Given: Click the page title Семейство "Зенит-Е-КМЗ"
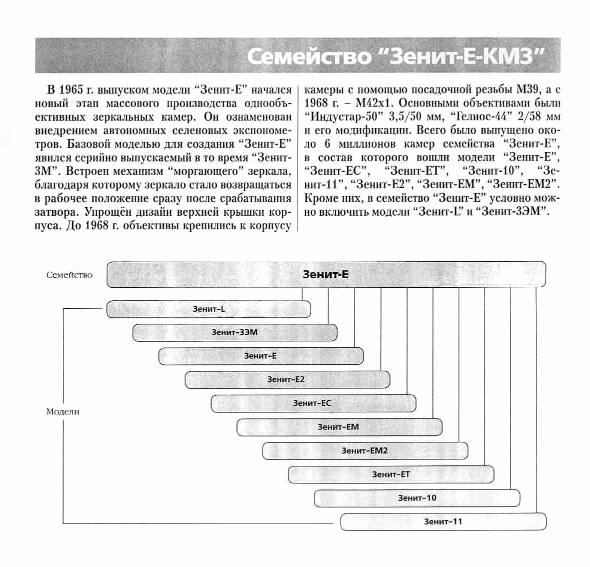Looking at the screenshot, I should tap(395, 57).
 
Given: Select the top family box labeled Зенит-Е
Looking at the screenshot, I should tap(326, 274).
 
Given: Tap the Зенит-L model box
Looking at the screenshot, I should tap(208, 309).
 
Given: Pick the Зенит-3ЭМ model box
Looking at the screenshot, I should tap(234, 332).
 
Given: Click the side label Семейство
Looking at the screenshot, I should tap(69, 275).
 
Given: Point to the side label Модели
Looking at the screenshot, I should tap(62, 412).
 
